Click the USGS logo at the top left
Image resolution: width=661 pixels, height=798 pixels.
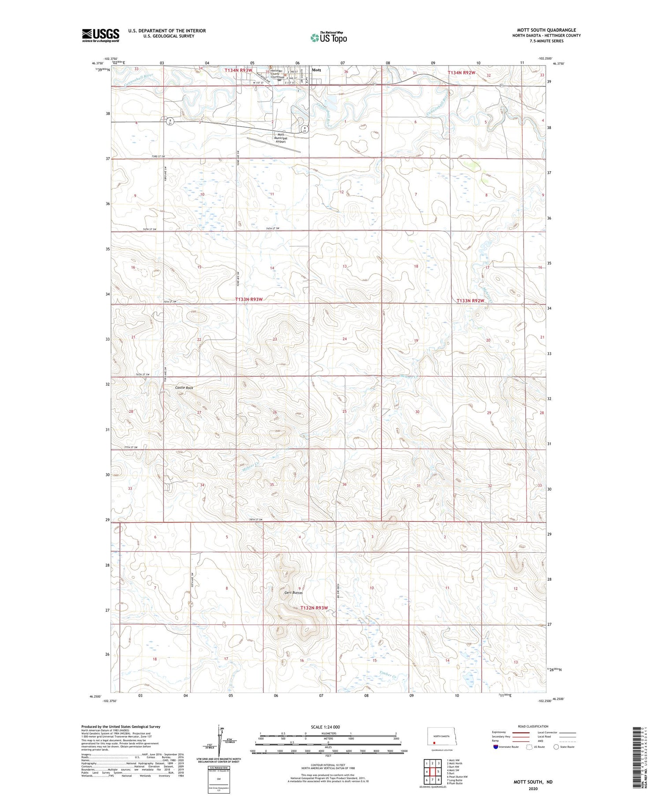click(x=100, y=35)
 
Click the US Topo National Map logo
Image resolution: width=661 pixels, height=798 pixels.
click(x=328, y=37)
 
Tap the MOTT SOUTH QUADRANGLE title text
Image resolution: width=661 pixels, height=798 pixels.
click(x=546, y=30)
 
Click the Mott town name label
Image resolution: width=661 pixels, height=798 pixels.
click(x=316, y=70)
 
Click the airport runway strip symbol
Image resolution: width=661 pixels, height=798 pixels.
click(x=273, y=145)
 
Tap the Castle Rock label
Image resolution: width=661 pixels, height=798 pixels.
click(x=184, y=388)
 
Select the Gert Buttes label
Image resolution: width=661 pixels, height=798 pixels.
click(x=293, y=593)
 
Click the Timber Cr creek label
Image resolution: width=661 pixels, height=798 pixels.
click(x=389, y=673)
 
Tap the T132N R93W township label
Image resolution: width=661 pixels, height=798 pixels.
click(x=314, y=608)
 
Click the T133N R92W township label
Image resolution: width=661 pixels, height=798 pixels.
click(x=470, y=301)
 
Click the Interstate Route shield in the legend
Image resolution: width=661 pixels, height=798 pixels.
click(x=496, y=747)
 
